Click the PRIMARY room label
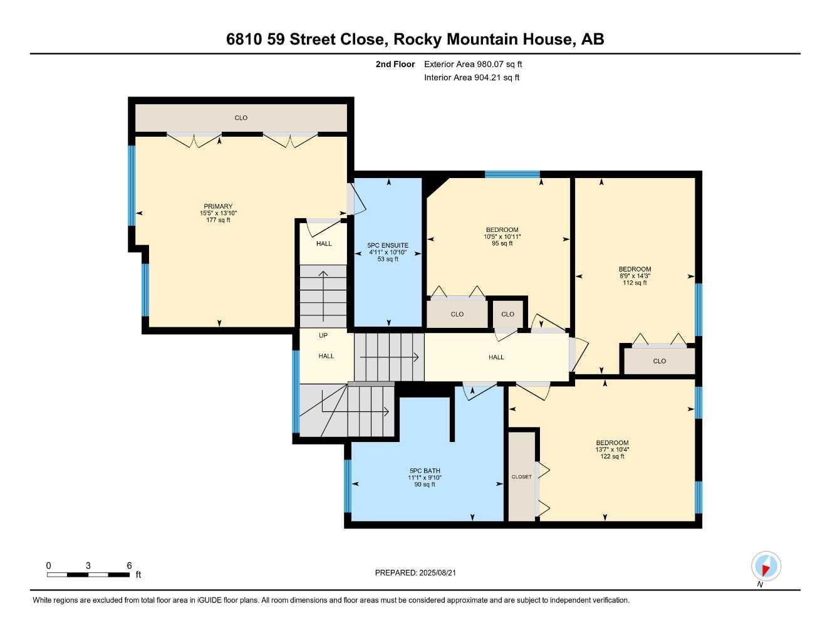[218, 206]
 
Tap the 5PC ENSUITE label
[388, 245]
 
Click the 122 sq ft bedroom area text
[612, 456]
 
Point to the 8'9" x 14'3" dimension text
[635, 276]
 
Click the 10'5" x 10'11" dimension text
[502, 236]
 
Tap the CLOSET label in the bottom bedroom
[521, 477]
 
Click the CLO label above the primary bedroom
[241, 118]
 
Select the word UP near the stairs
[323, 335]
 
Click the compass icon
[765, 566]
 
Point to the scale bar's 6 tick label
[128, 566]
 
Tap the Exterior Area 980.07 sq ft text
[473, 64]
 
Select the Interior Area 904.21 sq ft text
[472, 78]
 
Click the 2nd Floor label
[395, 64]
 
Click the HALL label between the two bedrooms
[496, 357]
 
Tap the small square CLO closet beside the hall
[507, 314]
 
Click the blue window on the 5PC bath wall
[348, 486]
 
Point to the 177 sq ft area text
[218, 220]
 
